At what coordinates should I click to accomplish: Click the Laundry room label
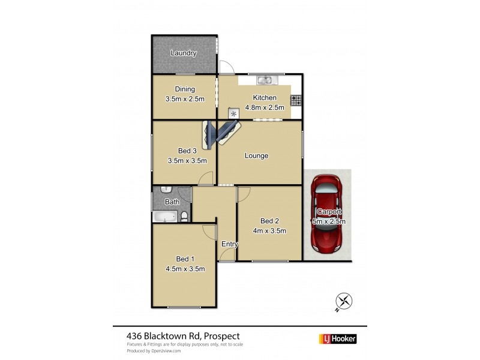pos(183,53)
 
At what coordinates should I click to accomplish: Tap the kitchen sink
pos(265,80)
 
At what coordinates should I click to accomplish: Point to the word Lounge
pos(256,156)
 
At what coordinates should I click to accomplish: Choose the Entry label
pos(229,244)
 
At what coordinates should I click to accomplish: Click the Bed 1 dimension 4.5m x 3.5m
pos(185,269)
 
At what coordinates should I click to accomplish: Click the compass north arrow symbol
pos(343,302)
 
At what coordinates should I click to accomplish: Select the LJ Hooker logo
pos(337,339)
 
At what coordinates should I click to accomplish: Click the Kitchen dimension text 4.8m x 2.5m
pos(265,107)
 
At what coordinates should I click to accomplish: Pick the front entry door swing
pos(226,254)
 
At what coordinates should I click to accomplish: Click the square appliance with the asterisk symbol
pos(233,112)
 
